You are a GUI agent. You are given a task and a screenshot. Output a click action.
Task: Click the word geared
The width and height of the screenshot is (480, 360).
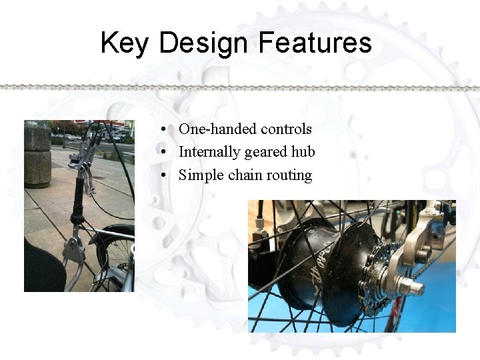click(x=265, y=153)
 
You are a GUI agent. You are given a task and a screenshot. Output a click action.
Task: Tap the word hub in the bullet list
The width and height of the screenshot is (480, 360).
click(x=303, y=152)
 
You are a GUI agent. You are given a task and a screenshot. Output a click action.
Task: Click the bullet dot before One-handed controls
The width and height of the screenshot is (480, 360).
click(x=163, y=129)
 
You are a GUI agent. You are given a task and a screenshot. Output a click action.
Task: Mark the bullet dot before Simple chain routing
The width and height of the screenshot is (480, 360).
click(x=163, y=176)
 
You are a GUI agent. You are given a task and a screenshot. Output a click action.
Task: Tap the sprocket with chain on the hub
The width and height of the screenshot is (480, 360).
click(x=376, y=281)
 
